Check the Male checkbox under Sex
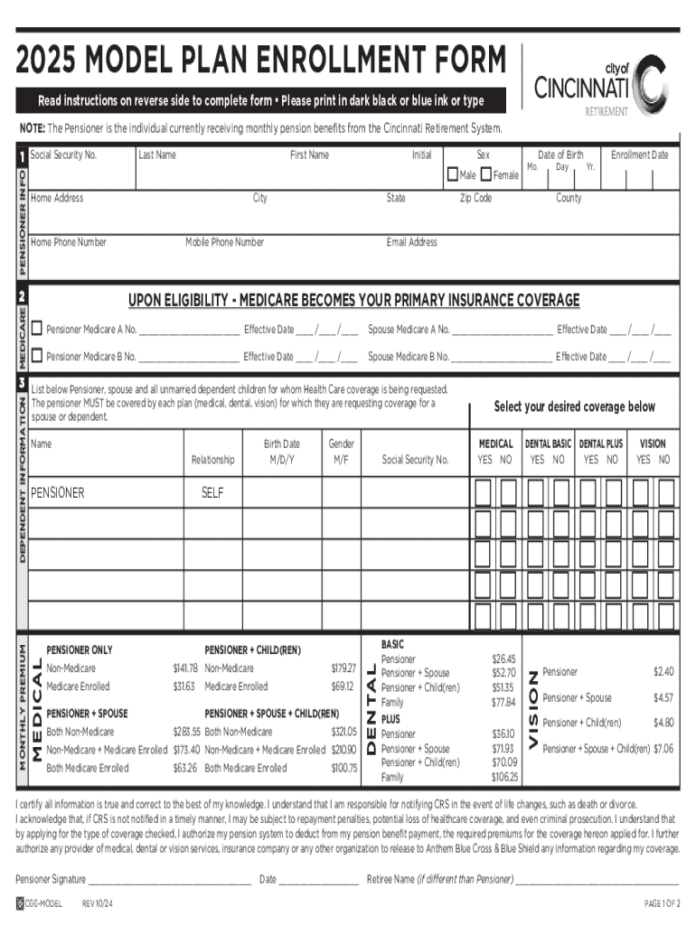tap(453, 174)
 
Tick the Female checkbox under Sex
tap(486, 174)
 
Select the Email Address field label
tap(411, 242)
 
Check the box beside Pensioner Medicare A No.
tap(37, 330)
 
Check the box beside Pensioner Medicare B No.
tap(37, 356)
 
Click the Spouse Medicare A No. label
tap(409, 330)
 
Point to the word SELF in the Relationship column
tap(212, 493)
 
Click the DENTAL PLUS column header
tap(601, 444)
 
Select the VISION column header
tap(653, 444)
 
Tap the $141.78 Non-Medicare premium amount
tap(184, 668)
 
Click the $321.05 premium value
tap(343, 732)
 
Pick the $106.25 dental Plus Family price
tap(503, 777)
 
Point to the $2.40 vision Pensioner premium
tap(663, 672)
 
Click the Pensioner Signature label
tap(51, 879)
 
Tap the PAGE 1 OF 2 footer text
tap(661, 904)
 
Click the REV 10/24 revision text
tap(97, 904)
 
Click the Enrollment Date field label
tap(639, 155)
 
